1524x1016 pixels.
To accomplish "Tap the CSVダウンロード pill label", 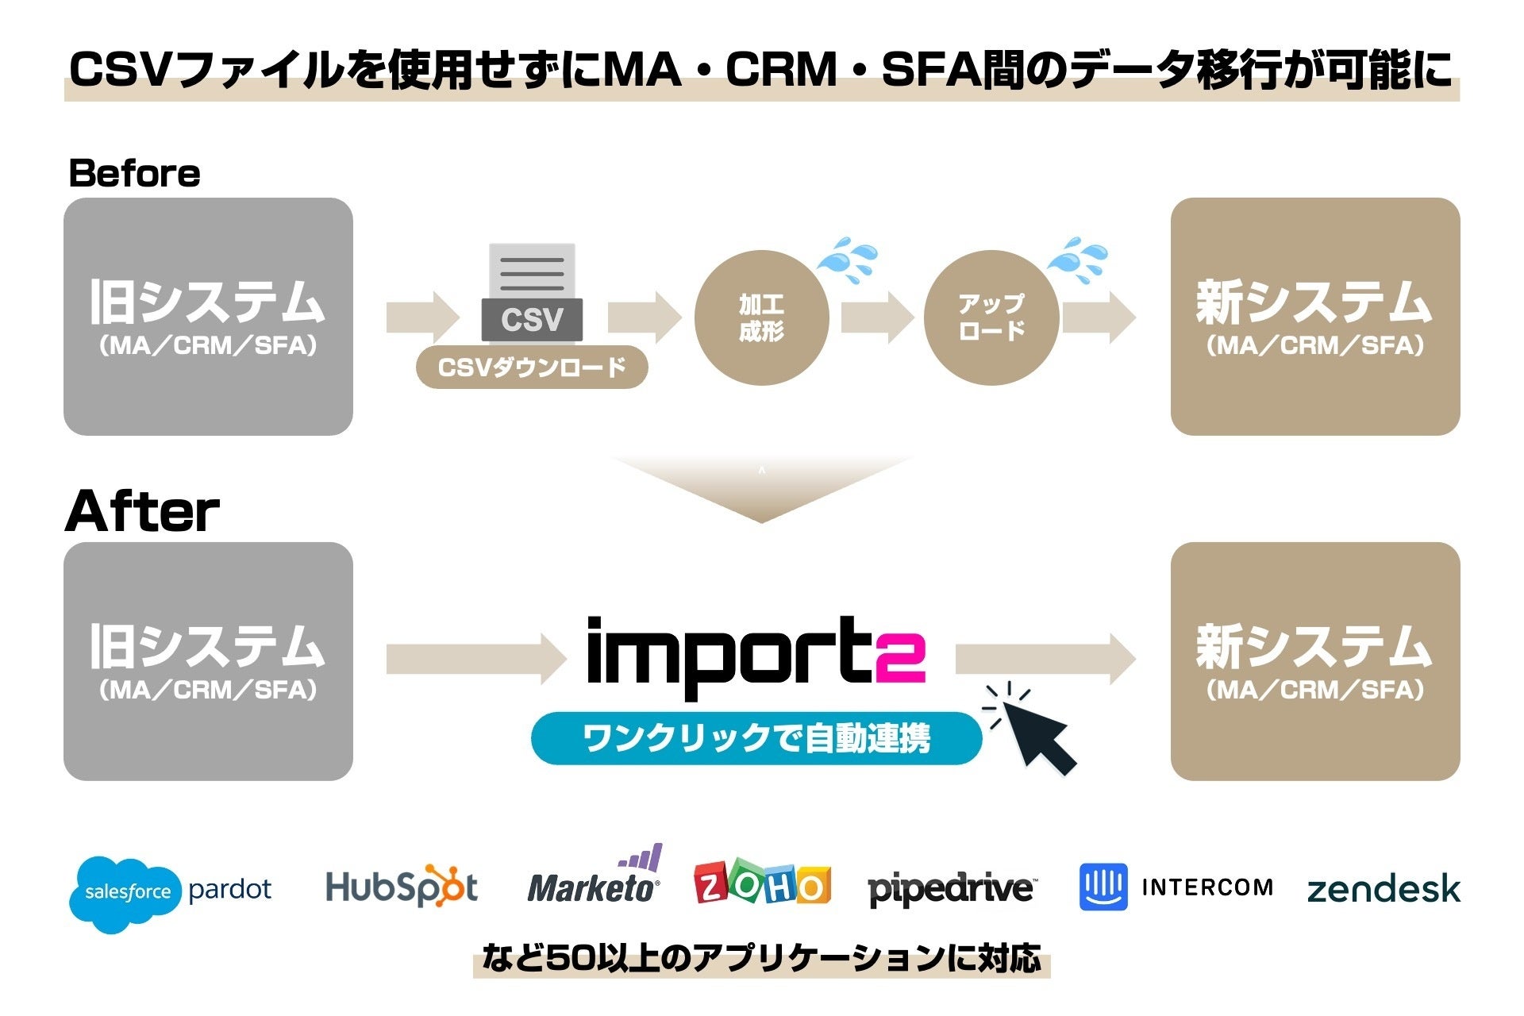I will click(x=532, y=367).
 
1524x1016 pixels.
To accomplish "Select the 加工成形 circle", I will click(x=761, y=317).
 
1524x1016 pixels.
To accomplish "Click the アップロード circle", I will click(x=991, y=317).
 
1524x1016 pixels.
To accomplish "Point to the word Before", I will click(x=134, y=173).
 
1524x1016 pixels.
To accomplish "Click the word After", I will click(x=142, y=511).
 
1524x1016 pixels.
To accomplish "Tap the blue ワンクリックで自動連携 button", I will click(x=756, y=738).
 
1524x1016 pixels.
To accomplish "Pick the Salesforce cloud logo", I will click(x=127, y=892).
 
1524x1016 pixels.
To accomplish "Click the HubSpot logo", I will click(x=402, y=887).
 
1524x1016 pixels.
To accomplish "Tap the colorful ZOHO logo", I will click(x=762, y=883).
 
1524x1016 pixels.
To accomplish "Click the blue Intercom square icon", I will click(x=1103, y=887).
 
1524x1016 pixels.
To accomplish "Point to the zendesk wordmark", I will click(x=1383, y=888).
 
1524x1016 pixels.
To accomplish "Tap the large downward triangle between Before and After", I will click(x=760, y=487).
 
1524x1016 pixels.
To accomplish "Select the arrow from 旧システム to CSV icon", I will click(x=422, y=317).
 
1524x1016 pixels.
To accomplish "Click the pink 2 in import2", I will click(x=901, y=657).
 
